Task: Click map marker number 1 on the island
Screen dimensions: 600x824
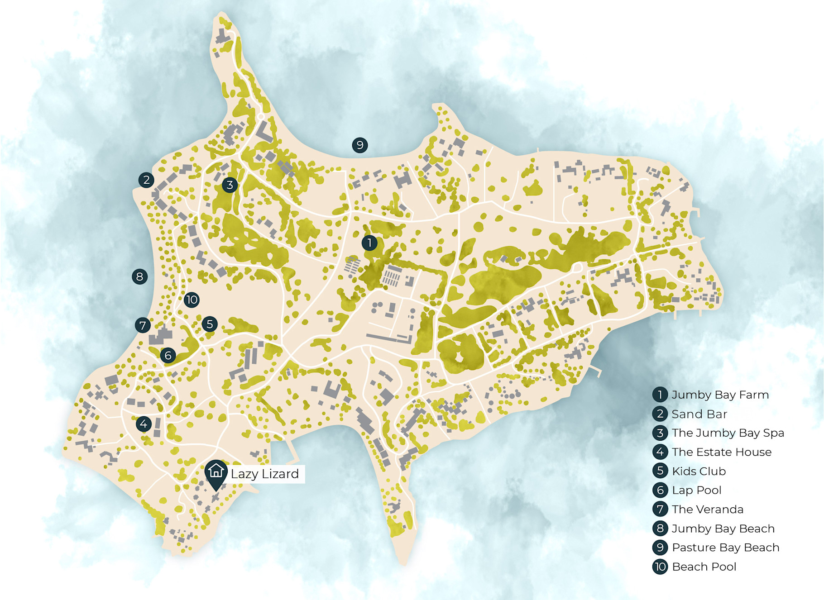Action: coord(369,243)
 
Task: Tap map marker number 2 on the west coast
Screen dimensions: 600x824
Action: coord(146,180)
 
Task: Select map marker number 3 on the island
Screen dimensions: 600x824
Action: coord(230,185)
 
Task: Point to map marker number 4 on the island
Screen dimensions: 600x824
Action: coord(144,424)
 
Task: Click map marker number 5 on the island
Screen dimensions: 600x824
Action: coord(210,324)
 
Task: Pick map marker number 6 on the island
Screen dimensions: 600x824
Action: coord(168,355)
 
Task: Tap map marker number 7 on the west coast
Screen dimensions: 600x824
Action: coord(143,325)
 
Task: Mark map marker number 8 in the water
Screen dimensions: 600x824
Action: coord(139,276)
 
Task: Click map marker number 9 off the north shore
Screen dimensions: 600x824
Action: coord(360,145)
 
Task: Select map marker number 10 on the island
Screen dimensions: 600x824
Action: coord(192,300)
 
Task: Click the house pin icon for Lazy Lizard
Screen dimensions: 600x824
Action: coord(216,472)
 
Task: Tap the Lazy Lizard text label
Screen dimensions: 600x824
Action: coord(265,474)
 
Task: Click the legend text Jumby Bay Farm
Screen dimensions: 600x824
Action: coord(720,395)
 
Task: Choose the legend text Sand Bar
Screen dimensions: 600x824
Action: coord(699,414)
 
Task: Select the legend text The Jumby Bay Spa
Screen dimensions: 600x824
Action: coord(728,433)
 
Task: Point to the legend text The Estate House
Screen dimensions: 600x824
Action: coord(721,452)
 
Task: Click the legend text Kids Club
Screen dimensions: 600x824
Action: coord(699,471)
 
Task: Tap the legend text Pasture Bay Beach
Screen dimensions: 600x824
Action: coord(725,548)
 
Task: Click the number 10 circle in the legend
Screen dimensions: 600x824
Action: coord(660,567)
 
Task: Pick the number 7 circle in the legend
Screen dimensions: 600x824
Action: coord(660,509)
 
